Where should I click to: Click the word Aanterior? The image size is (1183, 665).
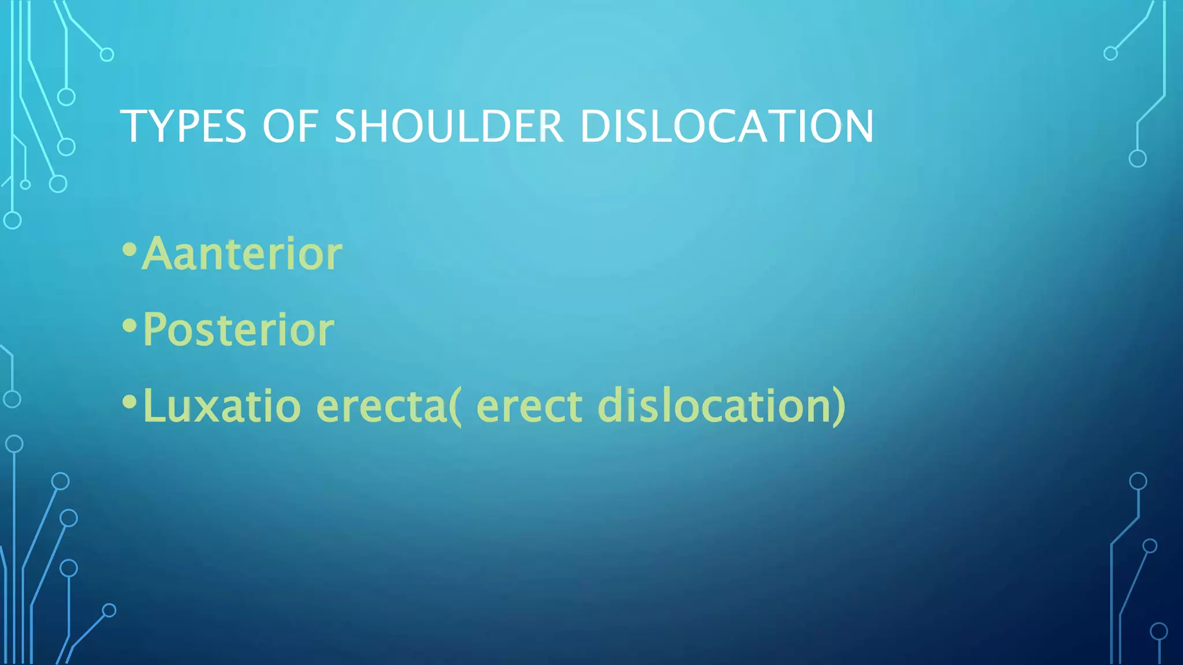243,254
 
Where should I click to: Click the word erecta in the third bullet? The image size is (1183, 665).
381,405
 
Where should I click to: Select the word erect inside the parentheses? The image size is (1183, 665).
529,405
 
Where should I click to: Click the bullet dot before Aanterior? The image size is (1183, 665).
129,250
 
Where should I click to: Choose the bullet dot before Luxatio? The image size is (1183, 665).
129,402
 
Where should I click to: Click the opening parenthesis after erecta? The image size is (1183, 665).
456,406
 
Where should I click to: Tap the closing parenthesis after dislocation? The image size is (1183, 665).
839,406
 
